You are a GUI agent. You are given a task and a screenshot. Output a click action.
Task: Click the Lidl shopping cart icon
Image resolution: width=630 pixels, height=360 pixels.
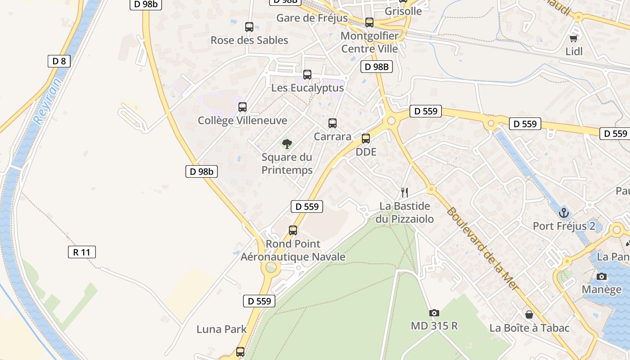tap(573, 39)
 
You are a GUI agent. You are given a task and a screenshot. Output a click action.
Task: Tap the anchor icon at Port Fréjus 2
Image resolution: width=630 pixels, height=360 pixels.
tap(564, 212)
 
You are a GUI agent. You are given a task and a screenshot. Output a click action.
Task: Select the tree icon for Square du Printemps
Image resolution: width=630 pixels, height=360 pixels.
tap(287, 144)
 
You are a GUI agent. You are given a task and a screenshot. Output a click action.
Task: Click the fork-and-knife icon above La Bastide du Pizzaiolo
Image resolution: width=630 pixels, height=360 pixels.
tap(405, 193)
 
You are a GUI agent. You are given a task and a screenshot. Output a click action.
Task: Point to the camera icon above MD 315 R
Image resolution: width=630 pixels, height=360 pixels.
tap(434, 313)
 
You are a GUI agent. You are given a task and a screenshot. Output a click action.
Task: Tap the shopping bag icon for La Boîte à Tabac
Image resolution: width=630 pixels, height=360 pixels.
tap(529, 315)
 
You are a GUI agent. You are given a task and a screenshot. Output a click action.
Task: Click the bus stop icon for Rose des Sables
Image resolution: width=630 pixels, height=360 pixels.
tap(249, 27)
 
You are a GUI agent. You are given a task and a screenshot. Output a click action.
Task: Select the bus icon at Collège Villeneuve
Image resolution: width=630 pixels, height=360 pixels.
tap(243, 107)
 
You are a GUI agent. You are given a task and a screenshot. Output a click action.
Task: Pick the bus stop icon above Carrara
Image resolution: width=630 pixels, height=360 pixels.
tap(333, 123)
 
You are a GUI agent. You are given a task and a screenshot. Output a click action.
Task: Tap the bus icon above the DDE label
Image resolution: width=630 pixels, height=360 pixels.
tap(366, 139)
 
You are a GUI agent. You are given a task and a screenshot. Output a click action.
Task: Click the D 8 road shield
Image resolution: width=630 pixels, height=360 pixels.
tap(59, 61)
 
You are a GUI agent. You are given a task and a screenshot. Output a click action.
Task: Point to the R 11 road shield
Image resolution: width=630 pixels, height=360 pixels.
tap(81, 252)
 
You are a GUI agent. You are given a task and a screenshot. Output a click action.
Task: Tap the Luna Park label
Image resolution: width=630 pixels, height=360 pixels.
tap(221, 329)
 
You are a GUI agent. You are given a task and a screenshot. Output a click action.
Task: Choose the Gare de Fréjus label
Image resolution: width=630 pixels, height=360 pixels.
tap(312, 18)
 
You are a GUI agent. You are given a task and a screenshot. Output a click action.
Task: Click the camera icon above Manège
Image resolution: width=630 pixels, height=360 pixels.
tap(602, 277)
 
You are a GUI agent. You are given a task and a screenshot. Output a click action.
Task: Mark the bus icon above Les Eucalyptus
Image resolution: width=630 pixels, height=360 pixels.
tap(307, 75)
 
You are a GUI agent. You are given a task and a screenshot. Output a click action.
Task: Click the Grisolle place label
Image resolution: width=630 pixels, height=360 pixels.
tap(404, 11)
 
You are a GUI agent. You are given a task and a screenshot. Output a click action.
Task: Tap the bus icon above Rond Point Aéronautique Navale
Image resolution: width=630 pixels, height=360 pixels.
tap(293, 230)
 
